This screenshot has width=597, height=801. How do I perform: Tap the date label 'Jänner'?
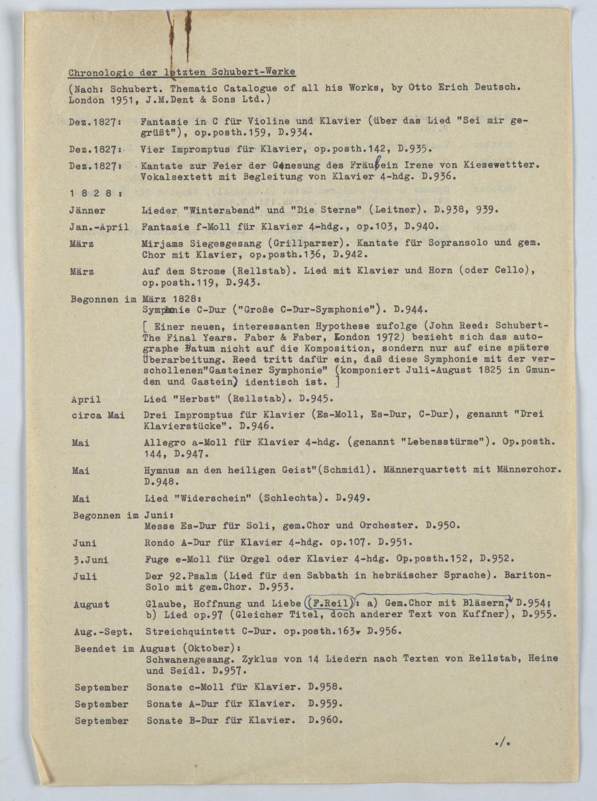pyautogui.click(x=87, y=210)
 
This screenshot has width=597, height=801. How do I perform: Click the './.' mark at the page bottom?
pyautogui.click(x=501, y=742)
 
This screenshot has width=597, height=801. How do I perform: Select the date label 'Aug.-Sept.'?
pyautogui.click(x=101, y=631)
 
